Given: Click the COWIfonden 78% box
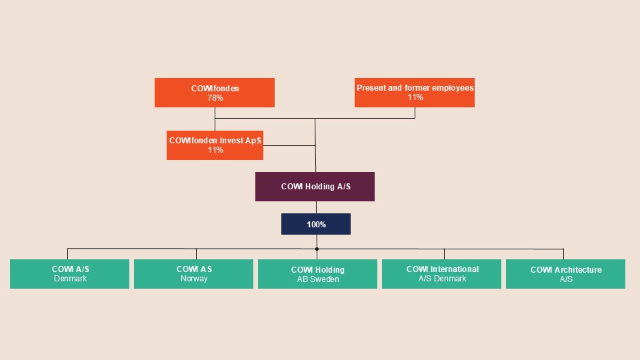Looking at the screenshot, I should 215,93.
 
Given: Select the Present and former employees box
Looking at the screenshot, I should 415,93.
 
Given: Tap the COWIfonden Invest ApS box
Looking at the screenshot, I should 215,145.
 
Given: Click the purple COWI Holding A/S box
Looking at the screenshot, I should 315,187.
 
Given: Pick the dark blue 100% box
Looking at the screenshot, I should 316,225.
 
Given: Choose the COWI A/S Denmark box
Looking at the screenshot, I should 70,274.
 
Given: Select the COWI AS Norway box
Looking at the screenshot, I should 194,274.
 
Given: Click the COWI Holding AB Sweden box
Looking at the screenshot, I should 318,275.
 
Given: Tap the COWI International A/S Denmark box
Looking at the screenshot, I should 441,274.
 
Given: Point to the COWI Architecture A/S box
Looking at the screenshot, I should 565,274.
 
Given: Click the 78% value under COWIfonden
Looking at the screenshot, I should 215,98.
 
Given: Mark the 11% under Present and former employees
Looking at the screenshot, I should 415,97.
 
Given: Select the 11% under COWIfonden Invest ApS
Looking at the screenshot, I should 215,150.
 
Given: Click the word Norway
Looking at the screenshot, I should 194,279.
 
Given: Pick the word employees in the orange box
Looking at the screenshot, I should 453,88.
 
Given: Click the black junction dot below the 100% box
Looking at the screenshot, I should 317,249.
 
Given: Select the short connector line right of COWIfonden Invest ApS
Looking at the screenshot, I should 289,145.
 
